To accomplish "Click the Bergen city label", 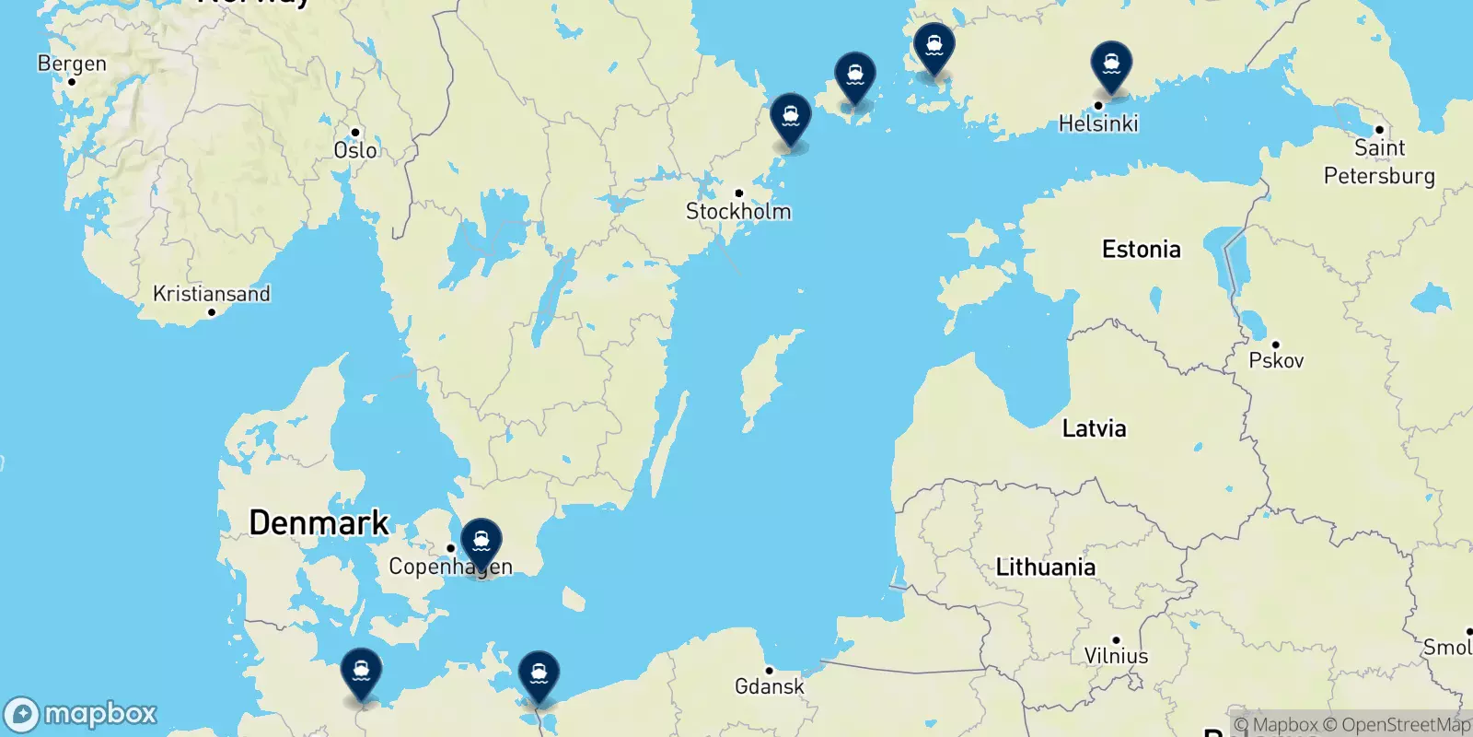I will (72, 64).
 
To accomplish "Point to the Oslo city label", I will (355, 150).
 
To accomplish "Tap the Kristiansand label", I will (212, 294).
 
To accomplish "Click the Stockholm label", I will (738, 211).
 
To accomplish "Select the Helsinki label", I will (1098, 123).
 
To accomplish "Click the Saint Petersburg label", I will (1379, 161).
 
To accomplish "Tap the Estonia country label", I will (1142, 250).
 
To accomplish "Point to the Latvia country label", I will (1094, 428).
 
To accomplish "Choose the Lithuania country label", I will (1046, 567).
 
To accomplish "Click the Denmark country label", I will (319, 523).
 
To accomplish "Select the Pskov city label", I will (1276, 360).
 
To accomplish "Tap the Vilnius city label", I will (1116, 656).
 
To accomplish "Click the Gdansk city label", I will (770, 686).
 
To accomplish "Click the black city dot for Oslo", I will (355, 133).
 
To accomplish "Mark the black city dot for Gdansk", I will (770, 671).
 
